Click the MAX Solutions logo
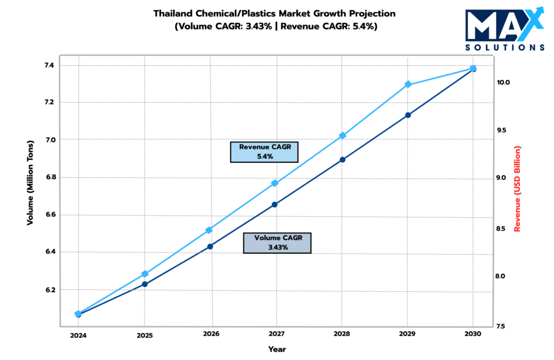click(504, 29)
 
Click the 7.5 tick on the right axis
click(500, 326)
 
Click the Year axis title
click(277, 349)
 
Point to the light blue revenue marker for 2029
click(408, 84)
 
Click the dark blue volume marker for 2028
click(342, 160)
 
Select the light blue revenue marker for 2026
click(209, 230)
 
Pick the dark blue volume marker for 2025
click(145, 284)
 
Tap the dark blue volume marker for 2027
click(275, 204)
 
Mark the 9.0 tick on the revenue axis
click(503, 178)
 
